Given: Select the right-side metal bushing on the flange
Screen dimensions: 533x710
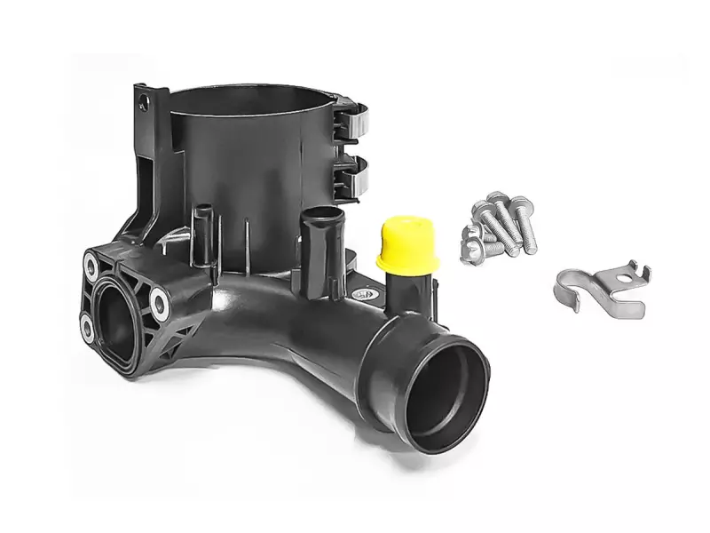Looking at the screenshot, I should [x=160, y=303].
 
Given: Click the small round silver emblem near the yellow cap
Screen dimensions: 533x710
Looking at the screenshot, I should [x=359, y=291].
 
